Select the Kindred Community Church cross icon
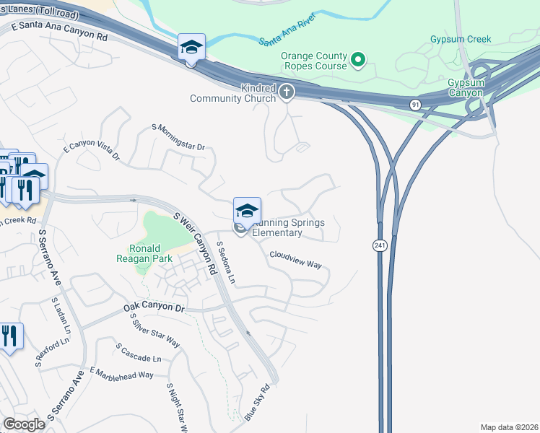pos(287,91)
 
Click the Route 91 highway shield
pos(415,105)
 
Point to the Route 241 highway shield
pos(378,246)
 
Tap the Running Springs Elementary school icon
pos(247,211)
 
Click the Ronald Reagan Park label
pos(140,253)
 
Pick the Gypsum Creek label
pos(460,40)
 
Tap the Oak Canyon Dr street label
pos(154,307)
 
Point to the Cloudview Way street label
pos(295,259)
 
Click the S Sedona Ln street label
pos(227,263)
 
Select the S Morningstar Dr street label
pos(178,137)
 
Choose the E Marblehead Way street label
pos(122,373)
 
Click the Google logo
pos(25,424)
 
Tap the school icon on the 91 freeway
pos(191,48)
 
